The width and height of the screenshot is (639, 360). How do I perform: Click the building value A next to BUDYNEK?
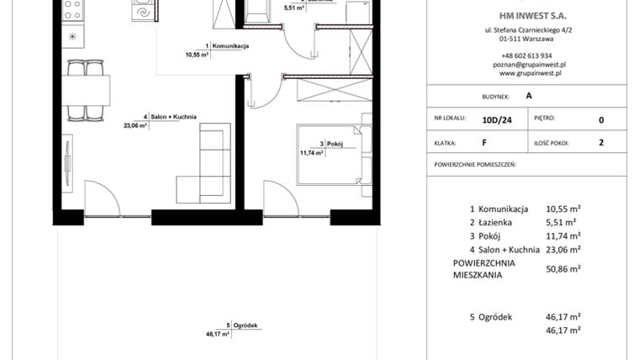tap(528, 96)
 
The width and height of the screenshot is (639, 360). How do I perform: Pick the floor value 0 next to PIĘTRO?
tap(600, 119)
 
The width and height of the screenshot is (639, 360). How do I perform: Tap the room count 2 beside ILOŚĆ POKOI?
tap(600, 143)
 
